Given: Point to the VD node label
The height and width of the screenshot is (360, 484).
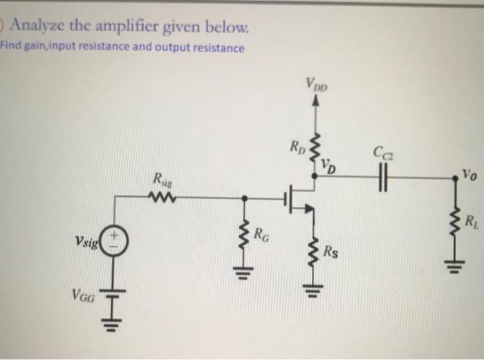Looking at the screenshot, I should coord(331,166).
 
